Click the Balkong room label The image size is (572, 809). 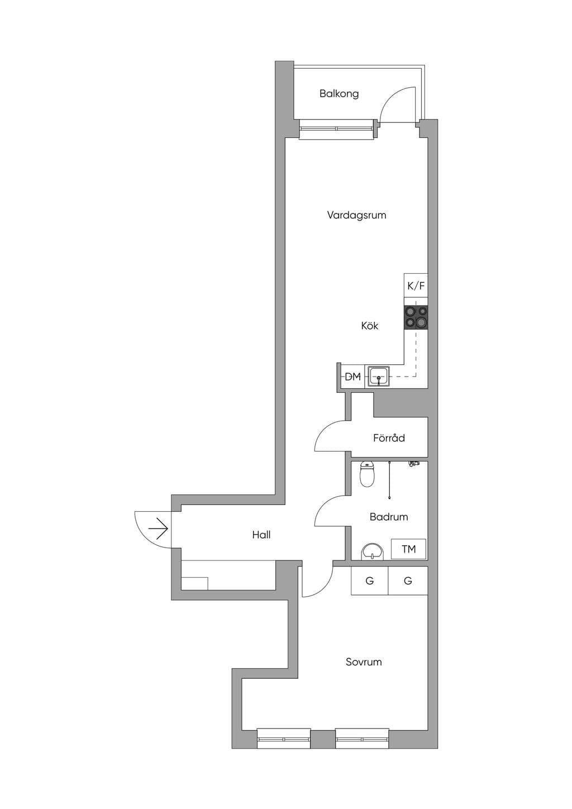point(339,94)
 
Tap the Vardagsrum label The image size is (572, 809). point(356,215)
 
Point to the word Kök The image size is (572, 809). point(369,326)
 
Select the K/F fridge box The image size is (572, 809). point(416,286)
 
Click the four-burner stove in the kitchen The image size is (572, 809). point(416,317)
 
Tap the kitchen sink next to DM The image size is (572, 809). point(378,377)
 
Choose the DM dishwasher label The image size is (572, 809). point(352,377)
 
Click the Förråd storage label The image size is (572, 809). point(389,438)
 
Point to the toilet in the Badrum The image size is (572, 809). point(367,474)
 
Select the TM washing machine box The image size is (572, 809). point(408,549)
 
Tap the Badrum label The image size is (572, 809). point(389,517)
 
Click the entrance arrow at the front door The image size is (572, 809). point(159,530)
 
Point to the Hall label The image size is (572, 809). point(261,535)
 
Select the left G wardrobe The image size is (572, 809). point(369,580)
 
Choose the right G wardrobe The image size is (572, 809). point(408,580)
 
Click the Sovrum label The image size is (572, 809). point(364,662)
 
